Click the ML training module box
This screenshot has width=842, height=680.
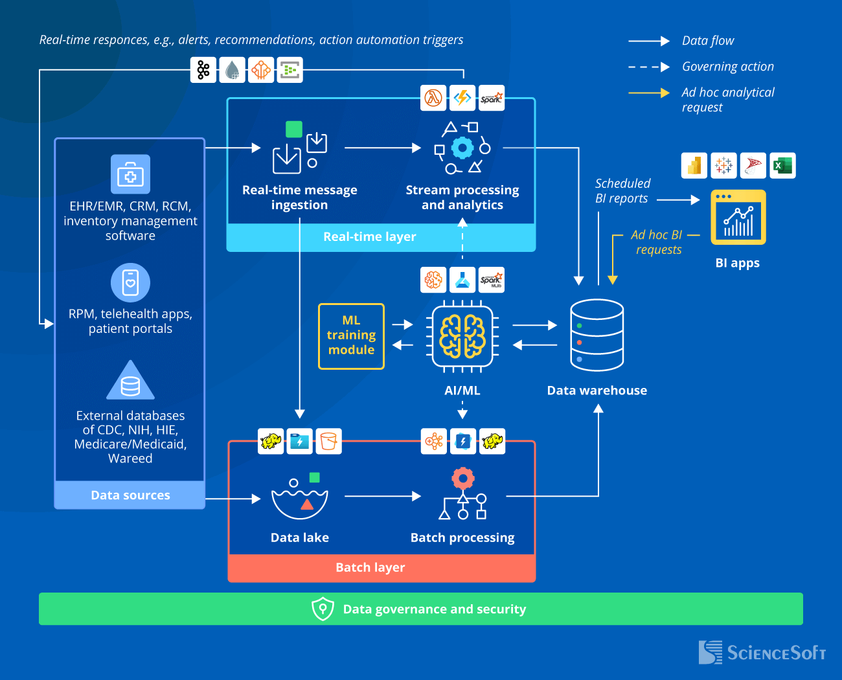click(x=351, y=336)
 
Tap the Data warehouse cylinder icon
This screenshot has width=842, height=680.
click(x=597, y=335)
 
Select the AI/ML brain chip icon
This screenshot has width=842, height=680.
click(x=462, y=336)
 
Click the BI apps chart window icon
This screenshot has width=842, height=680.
click(x=738, y=218)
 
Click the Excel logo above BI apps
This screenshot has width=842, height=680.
click(x=782, y=166)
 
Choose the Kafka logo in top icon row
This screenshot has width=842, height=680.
click(x=203, y=70)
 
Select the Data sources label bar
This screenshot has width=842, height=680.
click(x=130, y=495)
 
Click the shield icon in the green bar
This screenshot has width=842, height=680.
click(x=323, y=609)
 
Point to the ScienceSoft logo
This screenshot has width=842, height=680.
click(x=762, y=652)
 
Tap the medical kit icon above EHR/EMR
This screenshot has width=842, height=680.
click(x=130, y=174)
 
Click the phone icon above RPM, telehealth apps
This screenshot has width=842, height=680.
click(x=130, y=282)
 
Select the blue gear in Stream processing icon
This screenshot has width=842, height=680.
click(x=462, y=148)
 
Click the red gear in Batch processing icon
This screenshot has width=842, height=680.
click(x=462, y=479)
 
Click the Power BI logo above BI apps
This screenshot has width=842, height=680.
click(x=694, y=166)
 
